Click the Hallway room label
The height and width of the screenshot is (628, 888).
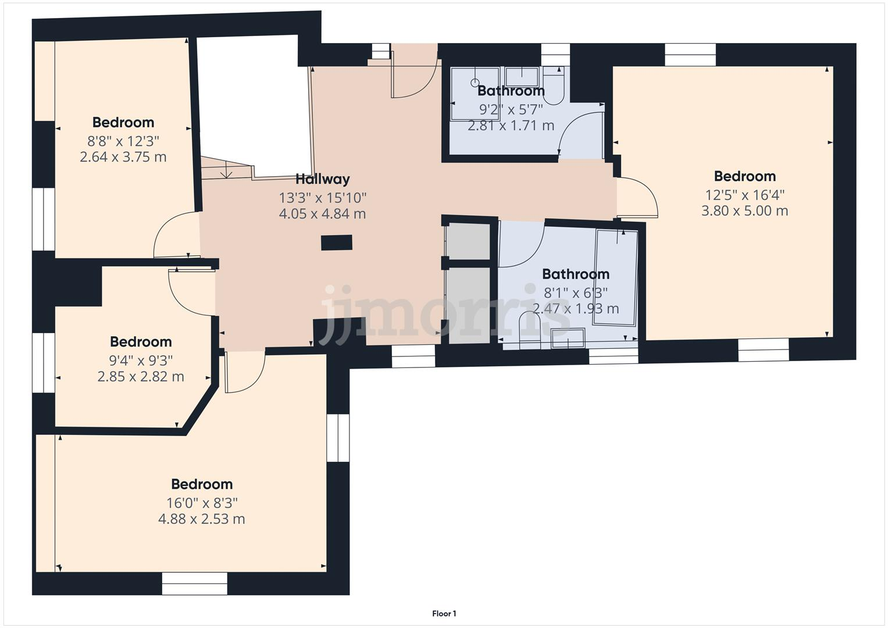(x=322, y=179)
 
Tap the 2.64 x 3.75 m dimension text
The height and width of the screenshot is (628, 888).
(x=123, y=157)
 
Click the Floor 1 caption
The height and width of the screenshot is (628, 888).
(x=444, y=613)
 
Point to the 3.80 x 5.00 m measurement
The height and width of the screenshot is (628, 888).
(x=744, y=210)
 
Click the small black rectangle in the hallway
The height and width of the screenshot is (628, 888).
(x=337, y=242)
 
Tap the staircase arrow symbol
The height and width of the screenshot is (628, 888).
(x=227, y=172)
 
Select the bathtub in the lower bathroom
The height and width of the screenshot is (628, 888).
(x=615, y=277)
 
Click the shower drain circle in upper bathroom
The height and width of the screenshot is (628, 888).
(x=475, y=83)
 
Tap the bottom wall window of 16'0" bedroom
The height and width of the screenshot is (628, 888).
(x=194, y=583)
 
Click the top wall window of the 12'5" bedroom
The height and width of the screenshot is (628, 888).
(x=690, y=55)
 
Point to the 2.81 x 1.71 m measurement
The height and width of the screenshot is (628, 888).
(x=511, y=126)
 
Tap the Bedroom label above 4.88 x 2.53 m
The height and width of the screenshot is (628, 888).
(x=202, y=484)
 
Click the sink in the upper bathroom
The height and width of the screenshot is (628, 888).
(x=521, y=76)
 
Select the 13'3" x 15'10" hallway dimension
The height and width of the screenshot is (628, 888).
(x=322, y=197)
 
